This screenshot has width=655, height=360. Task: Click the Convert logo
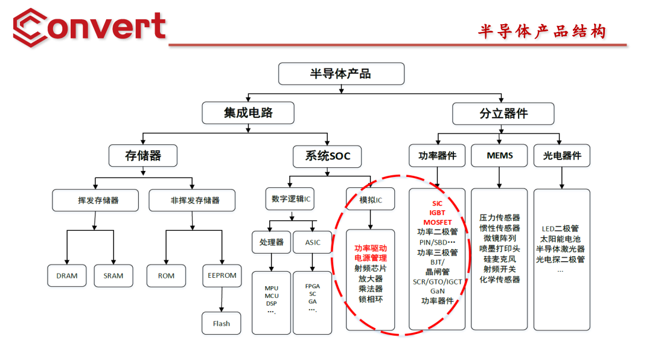coord(89,27)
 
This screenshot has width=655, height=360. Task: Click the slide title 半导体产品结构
coord(542,31)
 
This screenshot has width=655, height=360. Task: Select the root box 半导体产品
coord(340,74)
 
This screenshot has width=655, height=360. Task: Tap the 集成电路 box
coord(248,113)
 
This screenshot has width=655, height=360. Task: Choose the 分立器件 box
coord(503,113)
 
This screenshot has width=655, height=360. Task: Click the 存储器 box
coord(143,156)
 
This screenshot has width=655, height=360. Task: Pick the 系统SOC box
coord(327,156)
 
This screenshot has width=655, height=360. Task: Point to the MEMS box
coord(499,156)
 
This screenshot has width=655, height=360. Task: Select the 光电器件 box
coord(561,156)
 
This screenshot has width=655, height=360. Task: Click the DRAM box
coord(67,275)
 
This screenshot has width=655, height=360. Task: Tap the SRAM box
coord(113,275)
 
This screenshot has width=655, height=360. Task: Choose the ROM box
coord(166,275)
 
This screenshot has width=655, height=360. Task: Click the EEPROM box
coord(222,275)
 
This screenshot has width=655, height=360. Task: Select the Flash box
coord(222,323)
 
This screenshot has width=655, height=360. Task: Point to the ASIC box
coord(313,242)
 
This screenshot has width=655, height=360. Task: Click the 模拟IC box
coord(370,200)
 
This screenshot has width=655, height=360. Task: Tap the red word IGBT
coord(437,213)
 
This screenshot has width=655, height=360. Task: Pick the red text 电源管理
coord(370,258)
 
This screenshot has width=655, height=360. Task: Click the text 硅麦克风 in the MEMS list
coord(499,259)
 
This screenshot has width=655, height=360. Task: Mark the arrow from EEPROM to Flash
coord(222,300)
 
